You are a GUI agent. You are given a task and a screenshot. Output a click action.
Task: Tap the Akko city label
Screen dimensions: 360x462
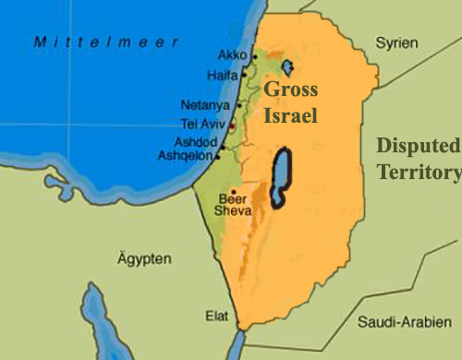tap(234, 55)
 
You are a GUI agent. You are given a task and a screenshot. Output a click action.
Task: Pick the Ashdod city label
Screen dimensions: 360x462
tap(193, 142)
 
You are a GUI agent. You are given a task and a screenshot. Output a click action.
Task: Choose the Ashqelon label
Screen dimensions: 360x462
tap(188, 157)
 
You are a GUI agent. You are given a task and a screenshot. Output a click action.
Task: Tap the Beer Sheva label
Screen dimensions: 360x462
tap(232, 205)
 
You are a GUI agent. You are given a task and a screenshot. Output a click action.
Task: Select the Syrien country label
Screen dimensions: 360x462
tap(398, 43)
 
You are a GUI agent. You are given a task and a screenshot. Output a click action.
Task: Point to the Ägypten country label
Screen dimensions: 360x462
tap(144, 259)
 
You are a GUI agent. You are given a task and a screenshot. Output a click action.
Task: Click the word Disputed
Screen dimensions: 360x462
tap(419, 147)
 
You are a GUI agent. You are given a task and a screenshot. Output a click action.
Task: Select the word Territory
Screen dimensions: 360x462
tap(419, 172)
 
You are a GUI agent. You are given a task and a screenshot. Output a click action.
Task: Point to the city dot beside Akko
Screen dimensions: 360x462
tap(254, 57)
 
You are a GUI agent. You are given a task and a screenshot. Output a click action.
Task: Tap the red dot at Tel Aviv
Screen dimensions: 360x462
tap(232, 125)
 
